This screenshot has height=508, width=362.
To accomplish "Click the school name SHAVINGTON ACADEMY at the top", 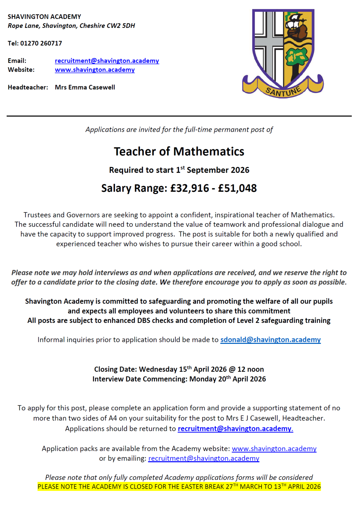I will pos(44,17).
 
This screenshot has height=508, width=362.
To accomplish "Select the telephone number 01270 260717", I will pos(41,43).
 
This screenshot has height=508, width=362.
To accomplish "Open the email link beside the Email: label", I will pos(107,61).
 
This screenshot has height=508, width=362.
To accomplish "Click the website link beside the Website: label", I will pos(95,70).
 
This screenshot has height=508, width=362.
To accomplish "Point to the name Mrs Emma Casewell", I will pos(85,87).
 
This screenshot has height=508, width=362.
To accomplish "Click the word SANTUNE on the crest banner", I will pos(283,91).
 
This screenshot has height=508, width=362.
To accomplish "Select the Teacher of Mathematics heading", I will pos(179,151).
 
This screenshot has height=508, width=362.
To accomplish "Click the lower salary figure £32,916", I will pos(189,188).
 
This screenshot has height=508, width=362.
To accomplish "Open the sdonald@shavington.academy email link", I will pos(270,340).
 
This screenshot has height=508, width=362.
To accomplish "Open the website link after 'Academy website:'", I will pos(274,449).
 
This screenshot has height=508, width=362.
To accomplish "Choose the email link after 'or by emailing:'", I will pos(204,458).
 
